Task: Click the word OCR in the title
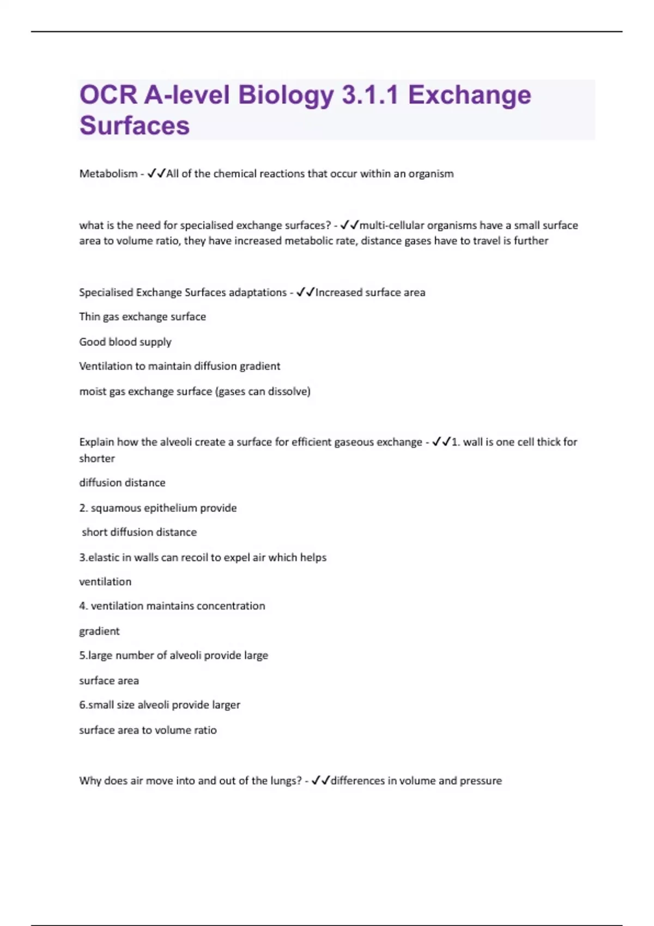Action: coord(108,95)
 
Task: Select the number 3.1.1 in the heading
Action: coord(370,95)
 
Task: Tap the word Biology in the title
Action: coord(286,95)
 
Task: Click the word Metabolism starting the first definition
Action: coord(108,174)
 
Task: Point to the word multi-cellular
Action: coord(392,226)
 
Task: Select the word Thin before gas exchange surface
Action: coord(89,316)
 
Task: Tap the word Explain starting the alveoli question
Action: coord(96,442)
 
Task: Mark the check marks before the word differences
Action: coord(320,781)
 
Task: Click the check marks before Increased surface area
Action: coord(305,293)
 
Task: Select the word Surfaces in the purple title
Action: coord(135,125)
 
